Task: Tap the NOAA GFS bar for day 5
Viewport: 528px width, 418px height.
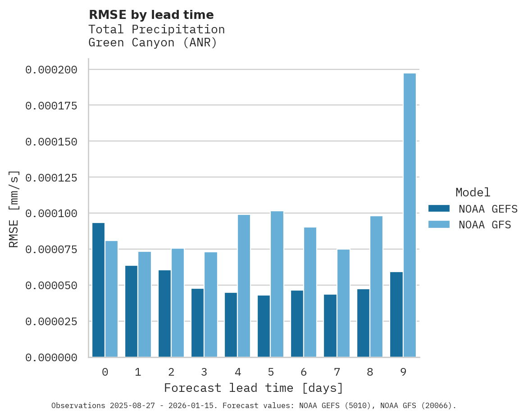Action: tap(277, 284)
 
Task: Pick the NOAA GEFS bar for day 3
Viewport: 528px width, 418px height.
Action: tap(197, 323)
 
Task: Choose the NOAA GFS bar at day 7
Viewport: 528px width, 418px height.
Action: tap(343, 303)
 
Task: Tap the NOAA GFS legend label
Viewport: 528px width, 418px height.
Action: tap(485, 224)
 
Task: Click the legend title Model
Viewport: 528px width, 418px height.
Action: tap(473, 192)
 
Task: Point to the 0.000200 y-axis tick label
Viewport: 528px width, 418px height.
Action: tap(51, 70)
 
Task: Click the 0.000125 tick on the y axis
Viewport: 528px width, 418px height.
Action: tap(51, 177)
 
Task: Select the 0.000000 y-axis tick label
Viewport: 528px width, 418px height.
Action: tap(51, 358)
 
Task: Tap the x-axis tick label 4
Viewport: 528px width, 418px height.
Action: tap(237, 372)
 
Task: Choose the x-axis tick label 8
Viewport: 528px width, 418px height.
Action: tap(370, 372)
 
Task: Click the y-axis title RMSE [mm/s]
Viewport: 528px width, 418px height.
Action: tap(14, 209)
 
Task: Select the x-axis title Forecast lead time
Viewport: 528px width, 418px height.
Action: tap(254, 388)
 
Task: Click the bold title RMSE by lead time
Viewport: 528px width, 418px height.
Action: tap(151, 15)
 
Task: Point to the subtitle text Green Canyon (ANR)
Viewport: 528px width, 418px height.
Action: tap(153, 43)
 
